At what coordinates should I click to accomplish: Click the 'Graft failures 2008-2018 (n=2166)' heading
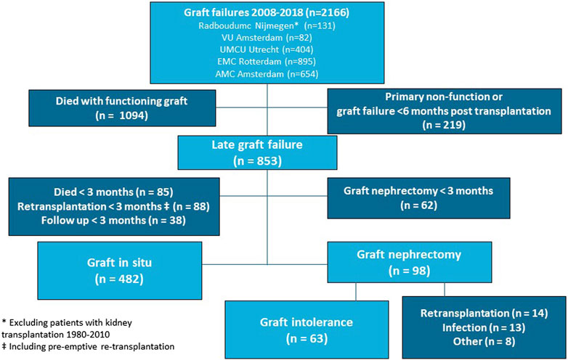(x=267, y=12)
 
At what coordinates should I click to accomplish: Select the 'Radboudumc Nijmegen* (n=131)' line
(x=267, y=25)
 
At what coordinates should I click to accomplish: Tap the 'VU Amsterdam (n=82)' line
(x=267, y=38)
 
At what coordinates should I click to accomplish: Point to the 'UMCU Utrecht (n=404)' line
(x=267, y=49)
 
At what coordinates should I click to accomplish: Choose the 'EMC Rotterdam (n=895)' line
(x=267, y=62)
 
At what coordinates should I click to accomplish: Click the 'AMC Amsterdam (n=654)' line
(x=267, y=74)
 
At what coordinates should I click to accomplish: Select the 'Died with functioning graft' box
(x=122, y=108)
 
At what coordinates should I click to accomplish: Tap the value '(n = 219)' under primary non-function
(x=444, y=125)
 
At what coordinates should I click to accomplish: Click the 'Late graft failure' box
(x=257, y=152)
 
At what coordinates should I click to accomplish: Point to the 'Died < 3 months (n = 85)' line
(x=113, y=192)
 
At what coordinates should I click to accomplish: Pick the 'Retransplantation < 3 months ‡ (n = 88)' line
(x=113, y=206)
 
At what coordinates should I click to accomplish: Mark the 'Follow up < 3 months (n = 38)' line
(x=113, y=221)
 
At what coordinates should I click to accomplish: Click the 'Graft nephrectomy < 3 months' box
(x=419, y=198)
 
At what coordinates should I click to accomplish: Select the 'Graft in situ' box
(x=120, y=271)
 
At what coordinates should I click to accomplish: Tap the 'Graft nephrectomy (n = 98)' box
(x=410, y=262)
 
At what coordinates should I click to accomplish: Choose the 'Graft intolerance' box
(x=307, y=330)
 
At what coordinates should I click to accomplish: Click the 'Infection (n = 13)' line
(x=484, y=327)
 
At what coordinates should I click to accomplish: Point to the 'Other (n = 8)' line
(x=484, y=342)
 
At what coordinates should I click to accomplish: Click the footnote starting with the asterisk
(x=67, y=329)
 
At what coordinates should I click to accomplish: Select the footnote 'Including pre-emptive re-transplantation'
(x=88, y=347)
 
